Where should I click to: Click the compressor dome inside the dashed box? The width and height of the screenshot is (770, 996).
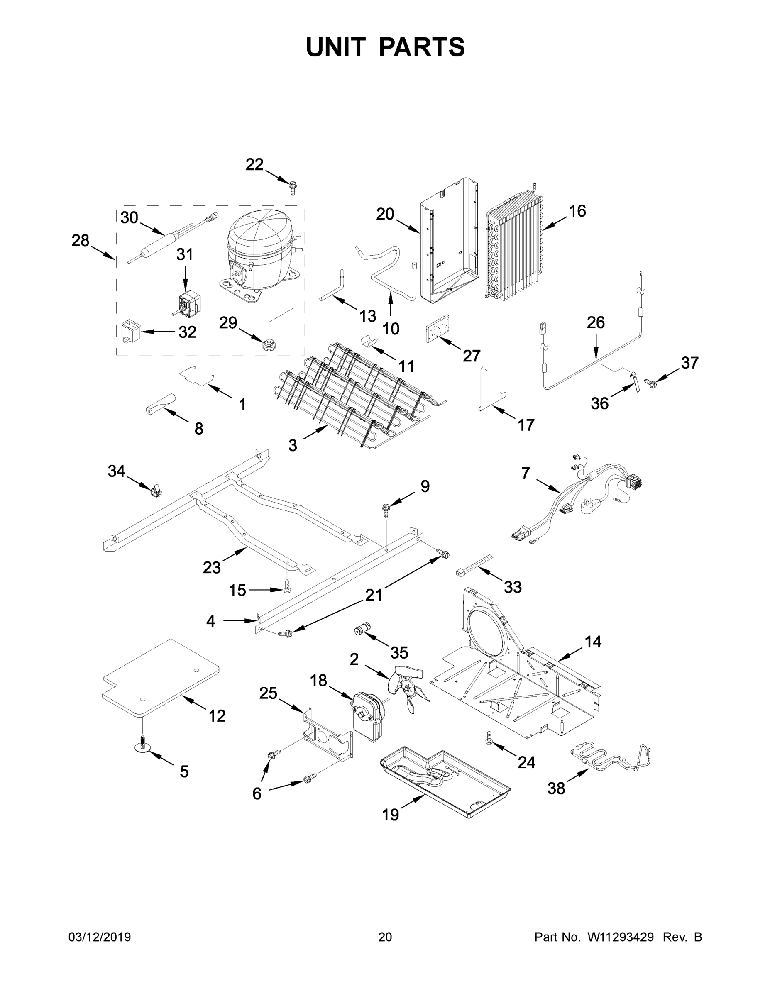point(258,249)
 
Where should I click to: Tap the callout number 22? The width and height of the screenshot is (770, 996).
point(254,165)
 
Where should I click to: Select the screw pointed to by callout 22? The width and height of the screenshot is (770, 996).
point(292,186)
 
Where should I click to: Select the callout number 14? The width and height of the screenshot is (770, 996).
point(593,642)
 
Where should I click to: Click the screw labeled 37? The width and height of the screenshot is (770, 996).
point(649,382)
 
